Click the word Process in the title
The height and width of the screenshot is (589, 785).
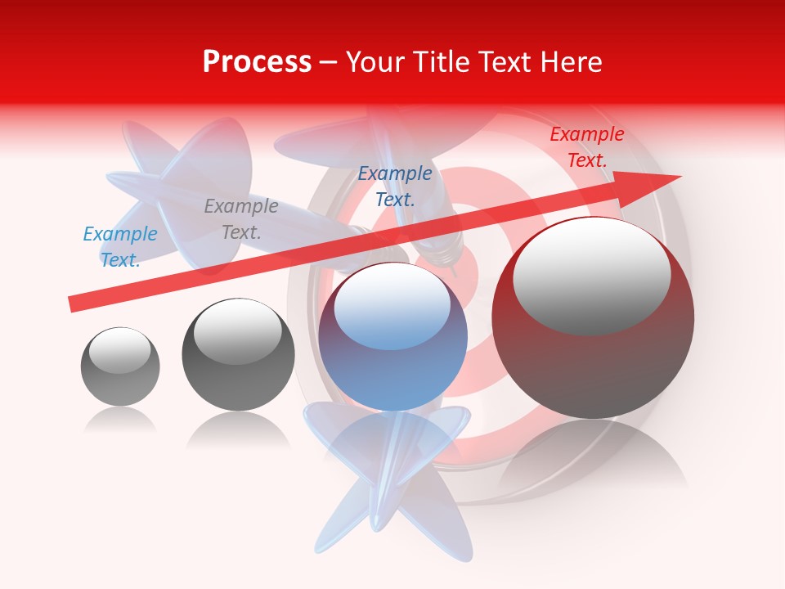[x=257, y=62]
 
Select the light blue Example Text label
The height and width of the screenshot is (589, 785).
[x=119, y=247]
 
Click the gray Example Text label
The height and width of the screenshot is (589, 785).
[x=240, y=219]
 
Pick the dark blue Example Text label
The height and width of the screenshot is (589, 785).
[x=395, y=186]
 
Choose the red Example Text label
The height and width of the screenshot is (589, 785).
[x=586, y=147]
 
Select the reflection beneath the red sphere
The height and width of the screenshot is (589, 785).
[x=593, y=458]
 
